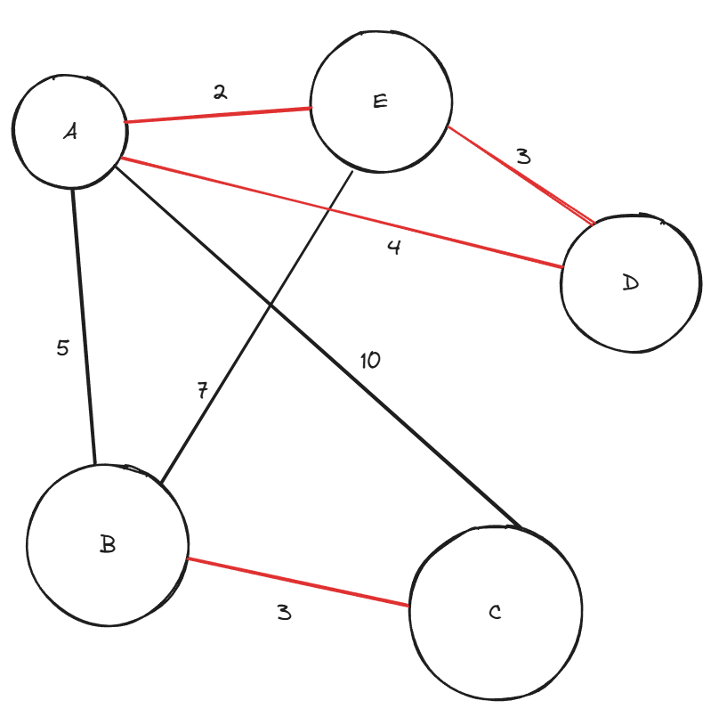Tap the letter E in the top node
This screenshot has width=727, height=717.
pyautogui.click(x=380, y=101)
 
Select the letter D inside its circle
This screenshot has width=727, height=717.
pyautogui.click(x=630, y=283)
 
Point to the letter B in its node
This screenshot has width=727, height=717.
pyautogui.click(x=108, y=543)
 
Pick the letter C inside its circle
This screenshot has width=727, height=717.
pyautogui.click(x=495, y=612)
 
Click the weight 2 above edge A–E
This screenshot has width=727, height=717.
pyautogui.click(x=220, y=92)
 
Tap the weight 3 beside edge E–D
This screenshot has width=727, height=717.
pyautogui.click(x=523, y=157)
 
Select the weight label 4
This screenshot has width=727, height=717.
pyautogui.click(x=394, y=247)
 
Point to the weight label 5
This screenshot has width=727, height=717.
pyautogui.click(x=62, y=347)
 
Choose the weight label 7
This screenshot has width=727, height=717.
pyautogui.click(x=202, y=389)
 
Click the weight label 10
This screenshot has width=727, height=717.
pyautogui.click(x=370, y=360)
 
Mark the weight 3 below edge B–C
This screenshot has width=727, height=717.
pyautogui.click(x=284, y=612)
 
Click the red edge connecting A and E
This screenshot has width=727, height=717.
pyautogui.click(x=218, y=115)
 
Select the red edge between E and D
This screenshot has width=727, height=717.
pyautogui.click(x=521, y=175)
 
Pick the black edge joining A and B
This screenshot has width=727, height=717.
pyautogui.click(x=84, y=325)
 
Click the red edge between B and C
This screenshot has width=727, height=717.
pyautogui.click(x=298, y=583)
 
